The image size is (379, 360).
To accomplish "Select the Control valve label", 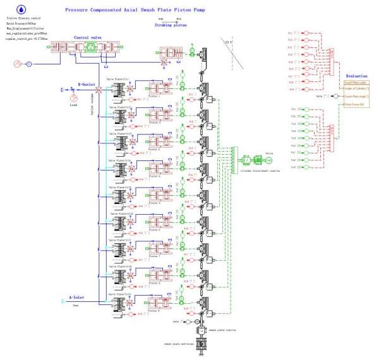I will click(x=87, y=38).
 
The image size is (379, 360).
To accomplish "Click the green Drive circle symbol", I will click(x=268, y=160).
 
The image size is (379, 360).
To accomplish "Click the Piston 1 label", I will click(x=154, y=95).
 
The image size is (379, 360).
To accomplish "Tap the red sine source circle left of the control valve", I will click(x=18, y=63).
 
